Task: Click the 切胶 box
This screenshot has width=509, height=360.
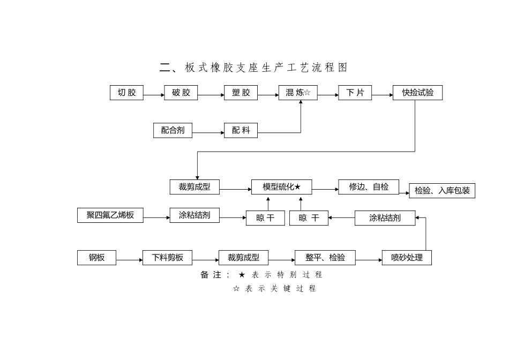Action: [126, 93]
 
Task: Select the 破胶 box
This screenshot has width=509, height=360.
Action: [181, 93]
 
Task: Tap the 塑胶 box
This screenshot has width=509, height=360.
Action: [241, 93]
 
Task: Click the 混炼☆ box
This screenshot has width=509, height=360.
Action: [298, 93]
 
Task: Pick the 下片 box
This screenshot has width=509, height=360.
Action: [355, 93]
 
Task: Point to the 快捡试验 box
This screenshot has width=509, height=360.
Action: [417, 93]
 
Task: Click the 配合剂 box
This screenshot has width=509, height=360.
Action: [173, 130]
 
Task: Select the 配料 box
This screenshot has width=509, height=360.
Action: [241, 130]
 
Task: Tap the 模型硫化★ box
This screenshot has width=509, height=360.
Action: [281, 187]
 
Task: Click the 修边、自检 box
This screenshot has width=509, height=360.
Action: [369, 187]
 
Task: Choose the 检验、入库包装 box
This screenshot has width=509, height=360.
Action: [441, 191]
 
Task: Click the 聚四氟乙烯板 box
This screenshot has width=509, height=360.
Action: [110, 215]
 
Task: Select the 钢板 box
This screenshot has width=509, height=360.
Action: [96, 258]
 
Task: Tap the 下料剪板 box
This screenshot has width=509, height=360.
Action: [167, 258]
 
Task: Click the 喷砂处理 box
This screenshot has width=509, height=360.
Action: [407, 258]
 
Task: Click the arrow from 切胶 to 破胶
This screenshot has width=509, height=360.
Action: [154, 95]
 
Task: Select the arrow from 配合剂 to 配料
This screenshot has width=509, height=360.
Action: [208, 131]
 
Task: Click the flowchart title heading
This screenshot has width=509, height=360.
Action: [253, 67]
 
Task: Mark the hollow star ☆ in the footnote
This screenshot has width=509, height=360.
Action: [236, 289]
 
